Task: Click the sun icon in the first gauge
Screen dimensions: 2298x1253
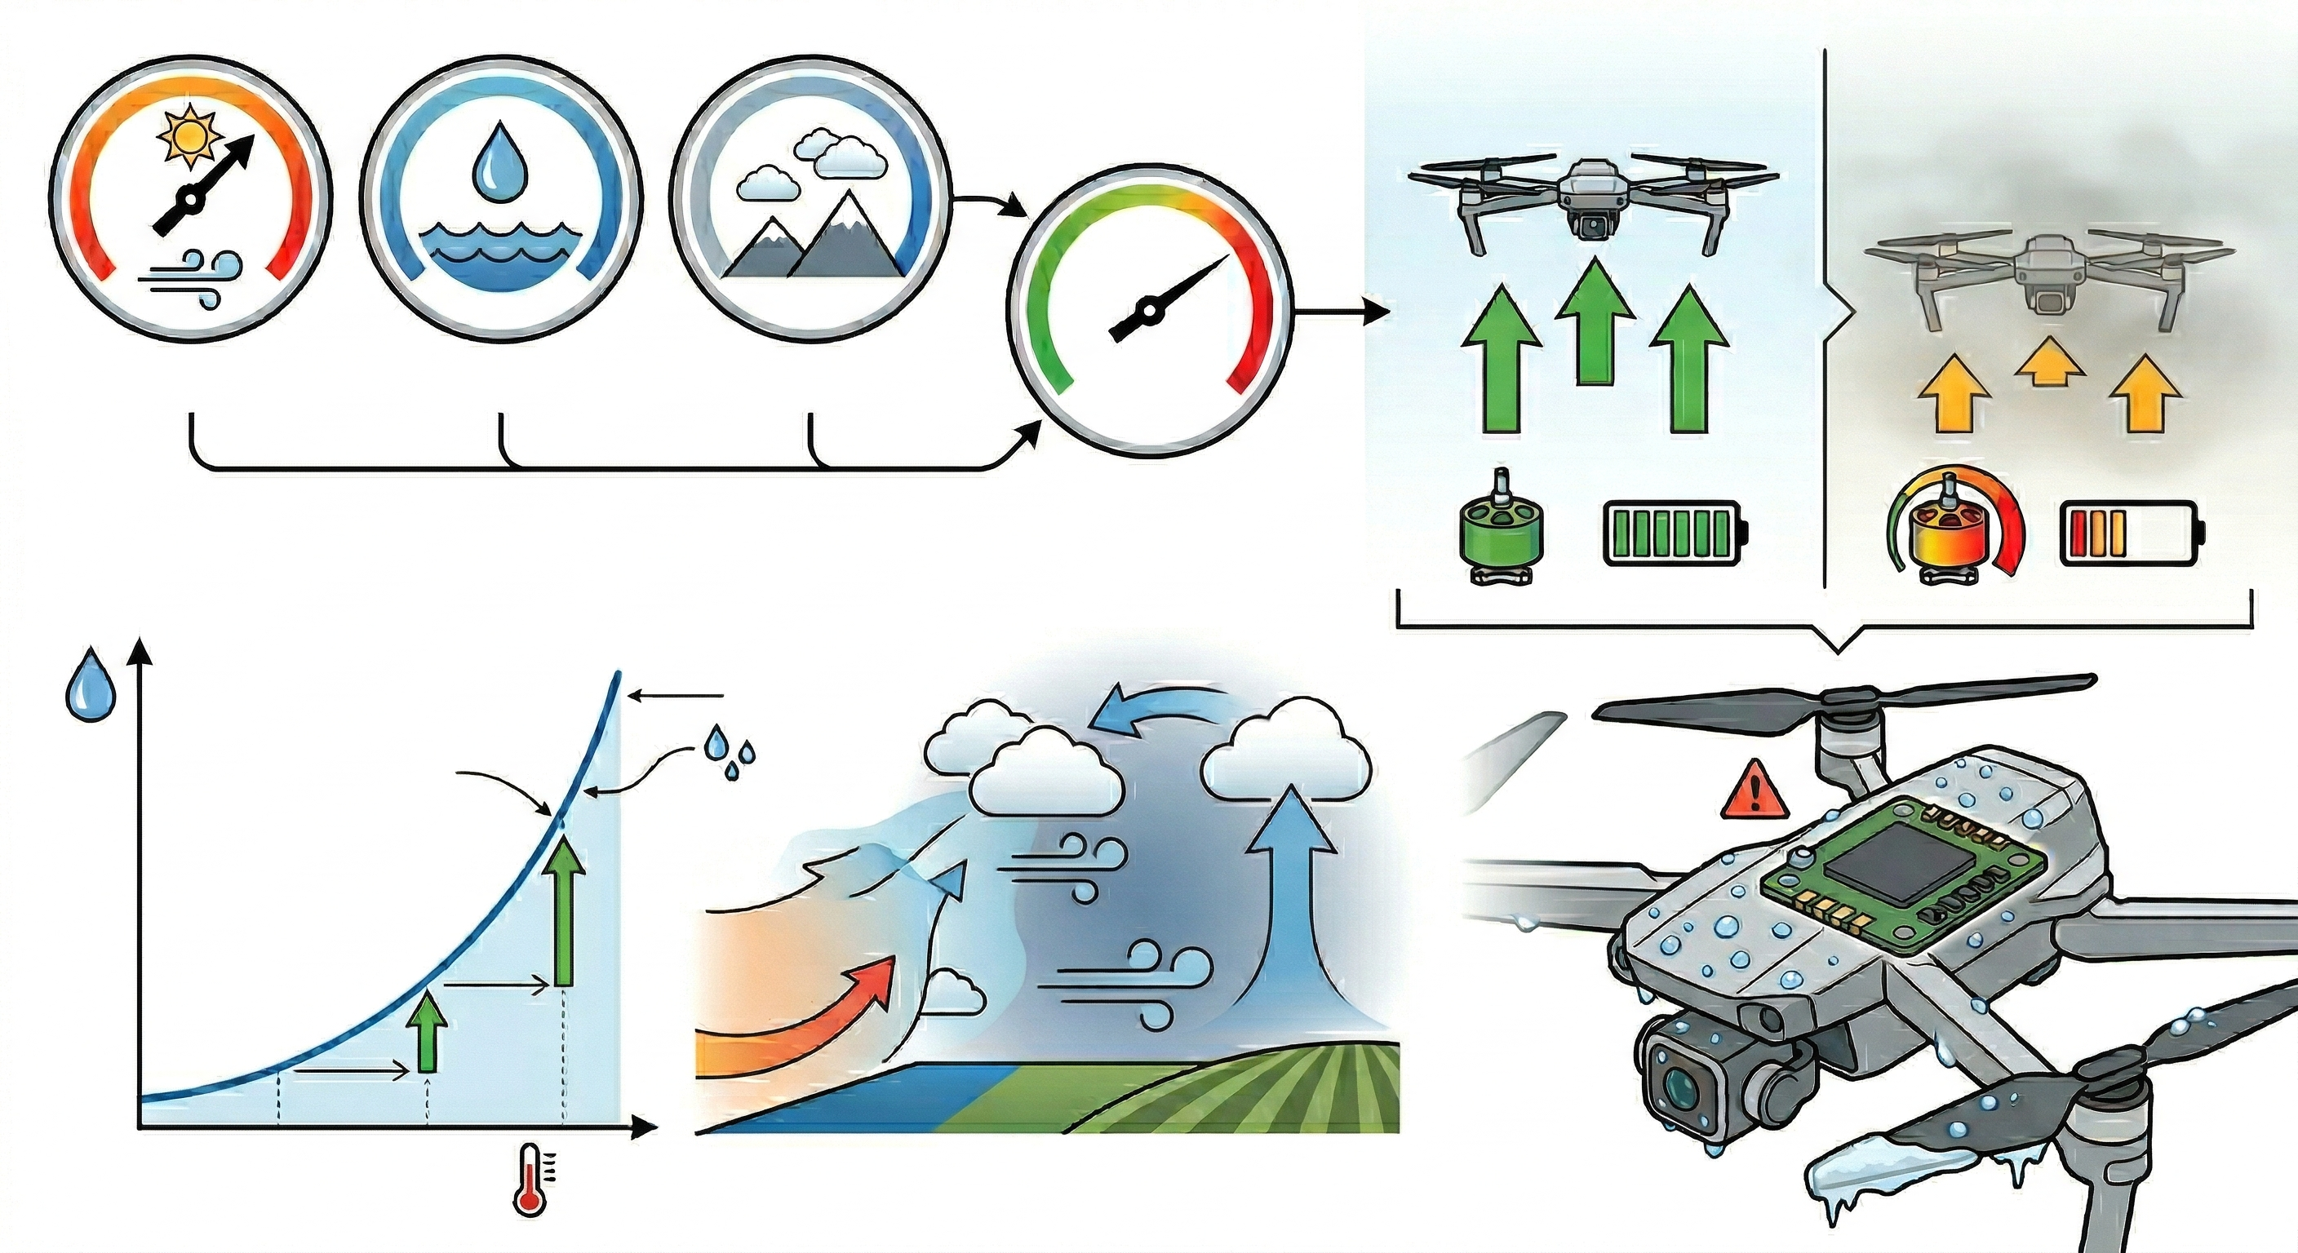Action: pyautogui.click(x=189, y=136)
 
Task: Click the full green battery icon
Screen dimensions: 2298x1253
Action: pyautogui.click(x=1675, y=534)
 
